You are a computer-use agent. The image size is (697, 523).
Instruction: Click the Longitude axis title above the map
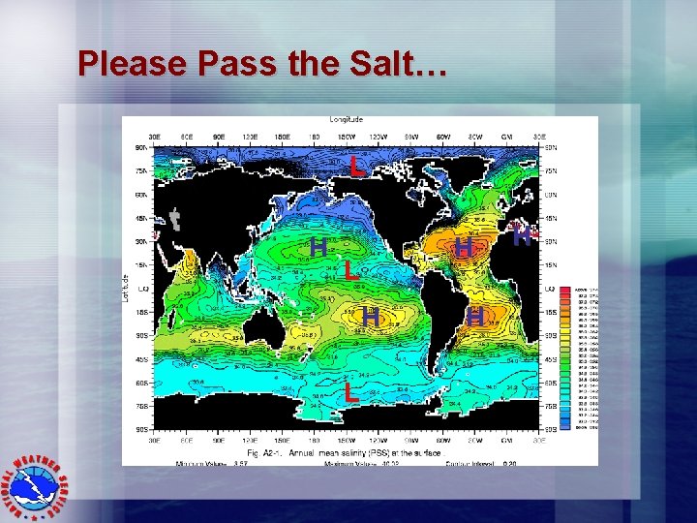click(346, 119)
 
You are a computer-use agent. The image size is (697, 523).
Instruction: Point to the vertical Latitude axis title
click(127, 285)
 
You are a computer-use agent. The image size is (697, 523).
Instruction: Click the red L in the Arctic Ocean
click(358, 166)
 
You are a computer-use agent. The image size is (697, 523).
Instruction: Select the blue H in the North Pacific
click(318, 247)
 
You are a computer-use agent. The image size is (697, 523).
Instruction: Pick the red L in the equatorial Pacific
click(351, 272)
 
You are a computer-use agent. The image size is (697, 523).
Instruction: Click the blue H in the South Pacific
click(370, 316)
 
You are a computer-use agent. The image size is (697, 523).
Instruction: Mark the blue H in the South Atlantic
click(474, 316)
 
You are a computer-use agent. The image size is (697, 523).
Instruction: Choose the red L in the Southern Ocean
click(351, 391)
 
